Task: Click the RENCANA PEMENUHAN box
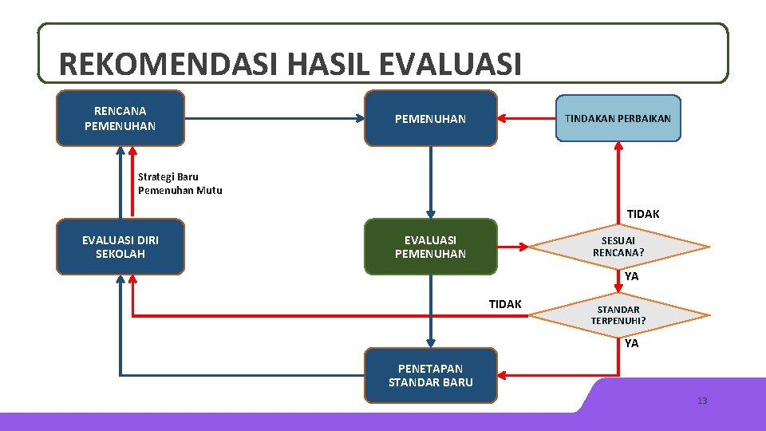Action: click(x=120, y=118)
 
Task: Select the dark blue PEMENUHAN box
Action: click(x=431, y=118)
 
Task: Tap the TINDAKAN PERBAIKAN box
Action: click(x=618, y=118)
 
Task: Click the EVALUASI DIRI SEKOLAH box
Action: click(x=120, y=247)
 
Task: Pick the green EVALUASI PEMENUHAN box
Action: click(x=431, y=247)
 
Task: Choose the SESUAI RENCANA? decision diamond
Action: click(x=619, y=247)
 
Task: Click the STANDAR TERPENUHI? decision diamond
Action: click(x=619, y=315)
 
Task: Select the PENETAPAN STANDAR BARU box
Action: click(x=431, y=375)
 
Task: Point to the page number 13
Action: click(x=702, y=401)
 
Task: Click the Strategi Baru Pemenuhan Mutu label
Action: click(x=180, y=184)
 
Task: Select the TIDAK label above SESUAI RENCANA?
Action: click(x=643, y=214)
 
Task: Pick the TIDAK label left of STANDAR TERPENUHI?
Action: click(x=505, y=304)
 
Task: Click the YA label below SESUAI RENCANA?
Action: click(x=632, y=276)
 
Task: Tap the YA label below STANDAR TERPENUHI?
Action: click(x=632, y=343)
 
